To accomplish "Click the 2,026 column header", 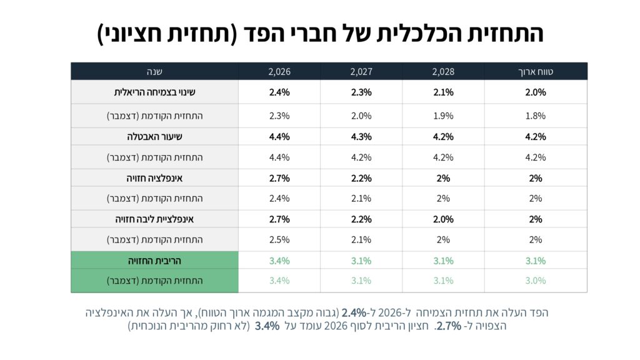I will tap(279, 71).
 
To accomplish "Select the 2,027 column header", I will tap(361, 71).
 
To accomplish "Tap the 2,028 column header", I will tap(443, 71).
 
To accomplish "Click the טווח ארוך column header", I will tap(536, 71).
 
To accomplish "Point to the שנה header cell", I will tap(154, 71).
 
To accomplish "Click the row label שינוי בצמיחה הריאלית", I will tap(154, 92).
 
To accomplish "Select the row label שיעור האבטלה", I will tap(154, 137).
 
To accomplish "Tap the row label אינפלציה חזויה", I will tap(154, 178).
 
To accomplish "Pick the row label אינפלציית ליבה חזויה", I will tap(154, 219).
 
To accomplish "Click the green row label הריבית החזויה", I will tap(154, 261).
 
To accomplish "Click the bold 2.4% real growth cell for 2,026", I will tap(279, 92).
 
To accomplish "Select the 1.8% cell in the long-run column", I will tap(536, 116).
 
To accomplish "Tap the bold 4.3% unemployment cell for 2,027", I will tap(361, 137).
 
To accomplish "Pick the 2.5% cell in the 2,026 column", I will tap(279, 240).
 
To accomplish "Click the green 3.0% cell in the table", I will tap(536, 281).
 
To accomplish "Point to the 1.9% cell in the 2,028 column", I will tap(443, 116).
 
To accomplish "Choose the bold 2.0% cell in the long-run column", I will tap(536, 92).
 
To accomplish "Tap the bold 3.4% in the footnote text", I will tap(267, 326).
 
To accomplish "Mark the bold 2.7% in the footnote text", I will tap(448, 326).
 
